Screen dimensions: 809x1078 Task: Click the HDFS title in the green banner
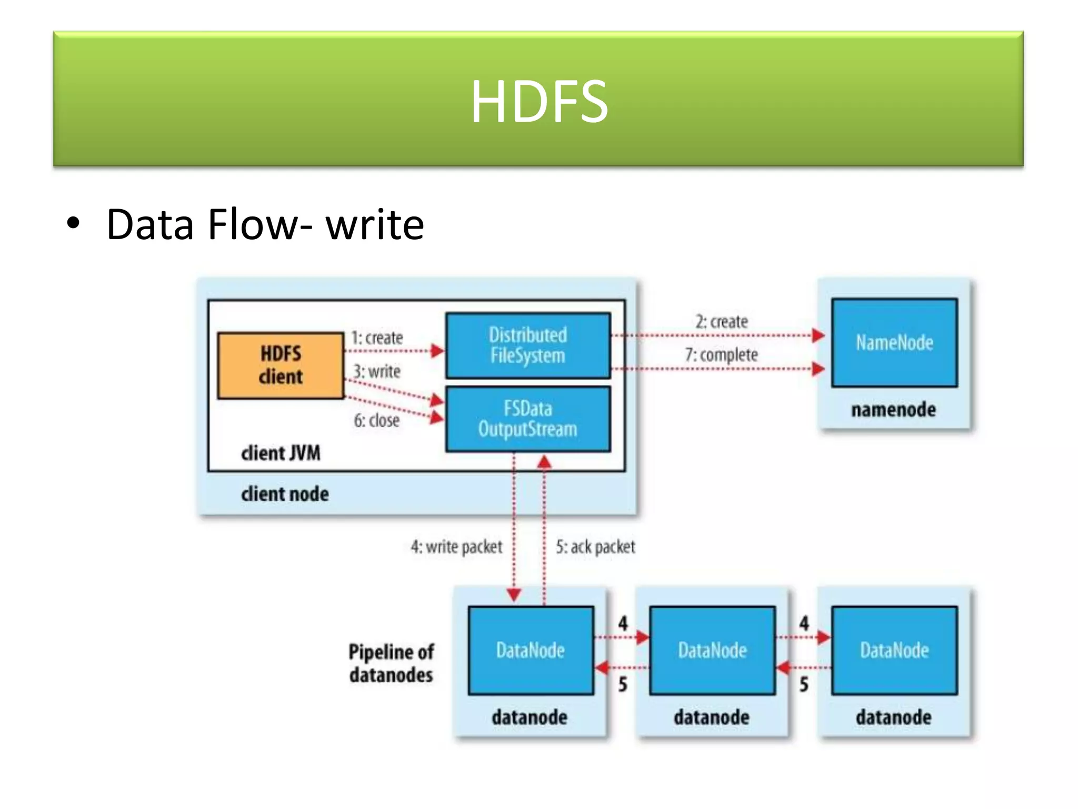tap(539, 101)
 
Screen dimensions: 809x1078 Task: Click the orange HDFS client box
tap(281, 365)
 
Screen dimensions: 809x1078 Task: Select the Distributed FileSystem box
tap(528, 346)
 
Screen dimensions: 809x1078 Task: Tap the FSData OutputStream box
tap(528, 419)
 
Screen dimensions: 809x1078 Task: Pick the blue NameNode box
tap(894, 343)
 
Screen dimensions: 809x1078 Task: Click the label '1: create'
tap(377, 338)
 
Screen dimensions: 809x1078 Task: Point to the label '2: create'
tap(722, 321)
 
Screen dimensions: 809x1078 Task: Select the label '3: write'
tap(377, 371)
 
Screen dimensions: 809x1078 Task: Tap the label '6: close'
tap(376, 420)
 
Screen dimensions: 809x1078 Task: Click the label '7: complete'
tap(721, 354)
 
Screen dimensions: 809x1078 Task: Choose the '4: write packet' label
tap(456, 547)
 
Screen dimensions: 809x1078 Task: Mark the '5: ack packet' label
tap(595, 547)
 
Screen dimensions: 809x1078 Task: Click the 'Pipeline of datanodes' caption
tap(391, 663)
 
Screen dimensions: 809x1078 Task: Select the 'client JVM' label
tap(281, 453)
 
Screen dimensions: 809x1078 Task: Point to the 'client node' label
tap(285, 494)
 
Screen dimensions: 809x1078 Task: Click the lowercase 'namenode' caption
tap(894, 410)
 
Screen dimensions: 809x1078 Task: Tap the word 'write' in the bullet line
tap(375, 225)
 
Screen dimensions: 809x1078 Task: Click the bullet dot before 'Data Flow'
tap(74, 223)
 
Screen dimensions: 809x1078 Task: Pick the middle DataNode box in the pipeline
tap(712, 650)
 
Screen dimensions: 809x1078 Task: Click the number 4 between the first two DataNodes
tap(623, 624)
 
